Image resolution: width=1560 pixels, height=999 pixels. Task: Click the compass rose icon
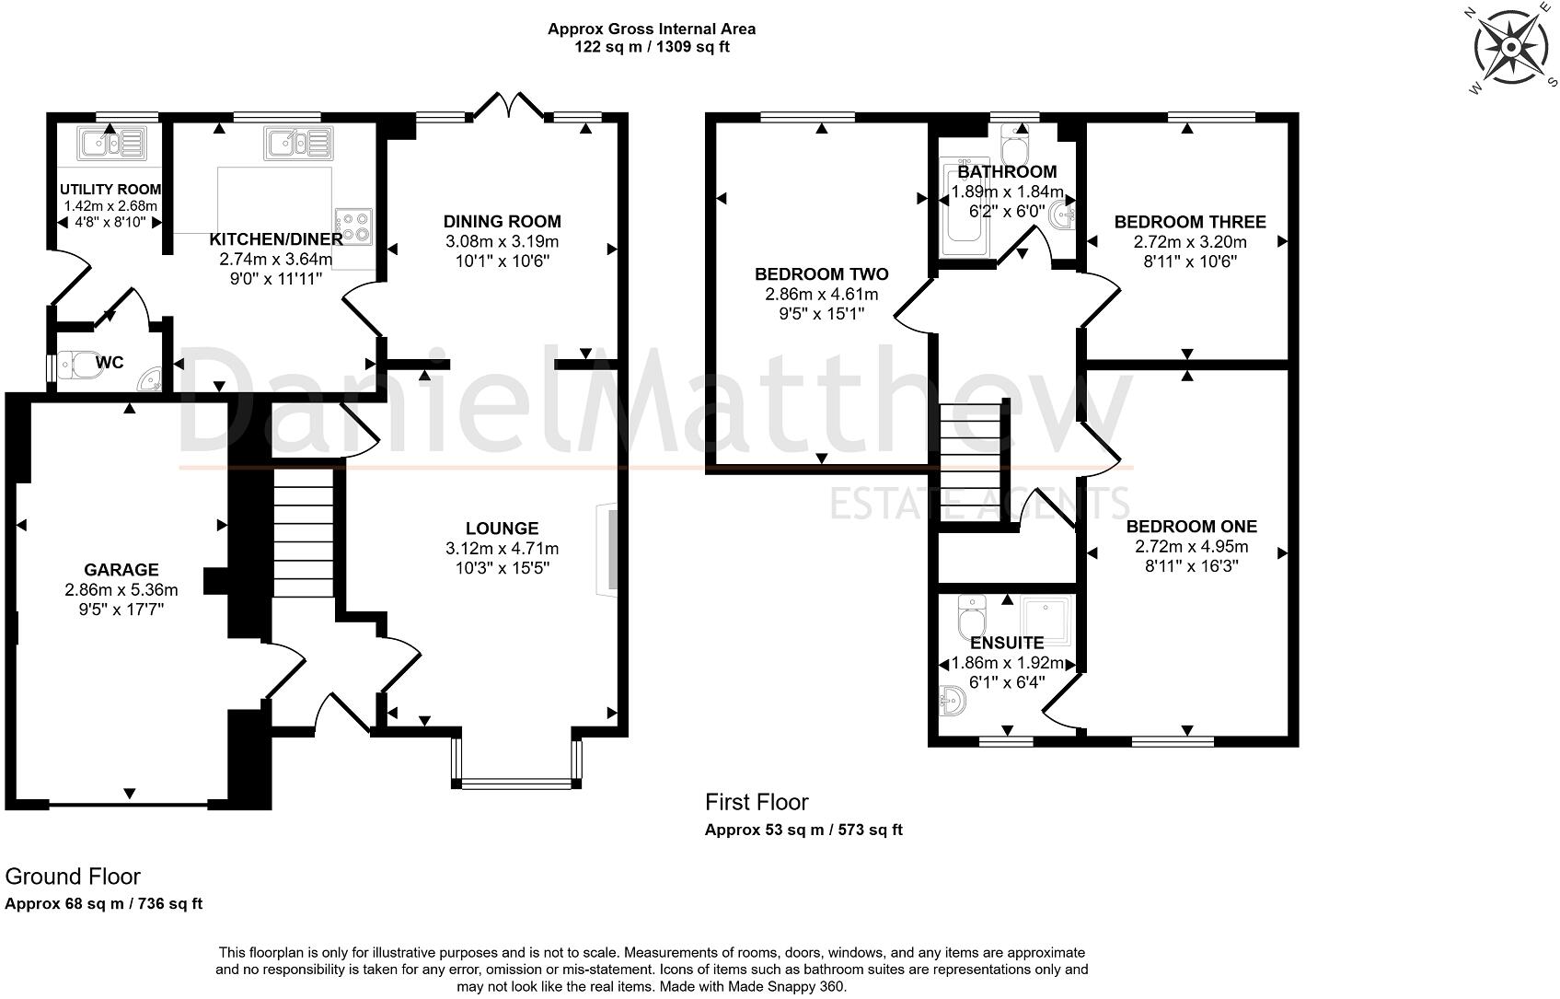click(1510, 48)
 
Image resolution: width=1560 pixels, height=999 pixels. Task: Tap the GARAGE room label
click(121, 570)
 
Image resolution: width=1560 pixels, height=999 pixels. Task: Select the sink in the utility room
click(111, 145)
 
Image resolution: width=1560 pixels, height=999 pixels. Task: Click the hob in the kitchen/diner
click(353, 227)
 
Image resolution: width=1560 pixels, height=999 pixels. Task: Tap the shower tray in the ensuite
click(1046, 620)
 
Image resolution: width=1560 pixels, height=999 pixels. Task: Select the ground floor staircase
click(303, 532)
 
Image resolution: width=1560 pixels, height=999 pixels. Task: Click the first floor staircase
click(971, 463)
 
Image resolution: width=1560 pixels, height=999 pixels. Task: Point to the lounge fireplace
click(607, 550)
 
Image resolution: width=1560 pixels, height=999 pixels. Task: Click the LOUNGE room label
click(503, 529)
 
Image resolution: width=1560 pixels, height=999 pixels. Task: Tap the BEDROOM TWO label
click(822, 274)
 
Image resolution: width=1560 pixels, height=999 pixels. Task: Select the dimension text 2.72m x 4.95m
click(1192, 547)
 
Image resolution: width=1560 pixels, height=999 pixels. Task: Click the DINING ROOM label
click(503, 222)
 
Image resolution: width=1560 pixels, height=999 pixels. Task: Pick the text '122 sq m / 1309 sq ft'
click(652, 47)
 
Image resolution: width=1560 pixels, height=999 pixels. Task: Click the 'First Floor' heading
click(757, 803)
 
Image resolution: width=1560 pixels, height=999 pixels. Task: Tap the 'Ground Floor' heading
click(73, 877)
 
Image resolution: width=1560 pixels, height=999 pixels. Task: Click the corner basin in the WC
click(149, 378)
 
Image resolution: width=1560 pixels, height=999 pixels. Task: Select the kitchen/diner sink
click(299, 143)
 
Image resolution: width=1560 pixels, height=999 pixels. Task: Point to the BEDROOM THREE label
click(1190, 222)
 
